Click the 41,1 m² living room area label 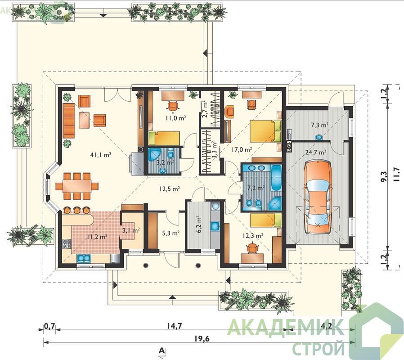pyautogui.click(x=101, y=155)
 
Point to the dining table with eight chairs pyautogui.click(x=77, y=186)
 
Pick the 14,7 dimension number pyautogui.click(x=175, y=326)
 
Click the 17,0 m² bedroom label pyautogui.click(x=242, y=149)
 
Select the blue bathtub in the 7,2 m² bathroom pyautogui.click(x=277, y=178)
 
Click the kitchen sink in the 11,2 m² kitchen pyautogui.click(x=84, y=258)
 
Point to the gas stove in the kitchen pyautogui.click(x=67, y=244)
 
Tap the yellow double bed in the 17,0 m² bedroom pyautogui.click(x=265, y=130)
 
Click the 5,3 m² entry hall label pyautogui.click(x=171, y=233)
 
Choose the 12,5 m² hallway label pyautogui.click(x=169, y=189)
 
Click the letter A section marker pyautogui.click(x=162, y=350)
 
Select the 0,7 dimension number pyautogui.click(x=49, y=326)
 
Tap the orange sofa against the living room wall pyautogui.click(x=68, y=121)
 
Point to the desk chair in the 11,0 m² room pyautogui.click(x=173, y=105)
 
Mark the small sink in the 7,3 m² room pyautogui.click(x=319, y=137)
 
